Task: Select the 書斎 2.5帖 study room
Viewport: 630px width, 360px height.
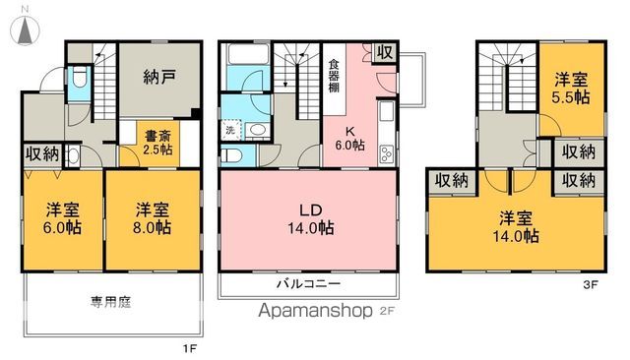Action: click(152, 143)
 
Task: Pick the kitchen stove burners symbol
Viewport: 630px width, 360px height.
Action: click(386, 152)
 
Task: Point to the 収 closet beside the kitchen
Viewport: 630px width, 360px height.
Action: click(386, 52)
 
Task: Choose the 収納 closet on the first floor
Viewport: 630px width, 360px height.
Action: click(41, 152)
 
